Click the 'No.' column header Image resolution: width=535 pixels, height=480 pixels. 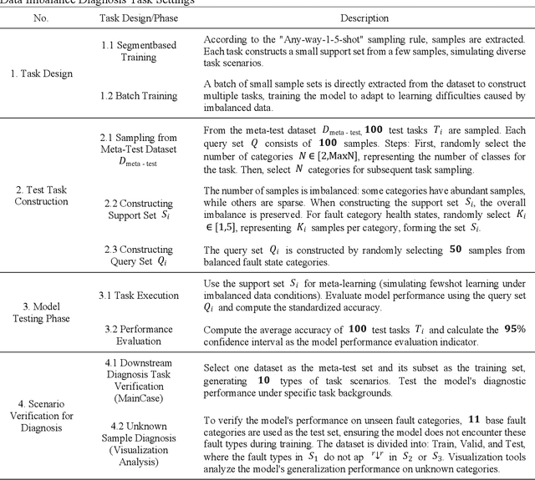coord(40,17)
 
